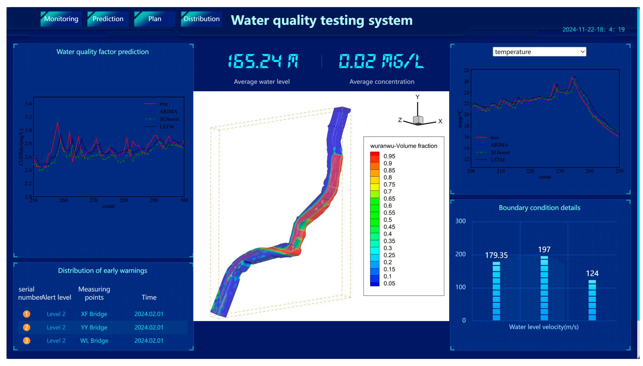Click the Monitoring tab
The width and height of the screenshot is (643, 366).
point(61,19)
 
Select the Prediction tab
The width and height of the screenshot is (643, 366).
point(108,19)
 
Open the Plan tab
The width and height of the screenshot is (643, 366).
point(154,19)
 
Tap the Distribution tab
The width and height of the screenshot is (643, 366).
point(201,19)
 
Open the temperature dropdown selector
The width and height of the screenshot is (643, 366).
point(539,52)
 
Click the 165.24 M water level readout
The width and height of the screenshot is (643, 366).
point(263,61)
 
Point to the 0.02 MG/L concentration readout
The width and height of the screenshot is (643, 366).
point(381,61)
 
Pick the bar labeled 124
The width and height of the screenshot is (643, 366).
point(592,300)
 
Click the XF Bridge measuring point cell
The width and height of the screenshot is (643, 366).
point(94,314)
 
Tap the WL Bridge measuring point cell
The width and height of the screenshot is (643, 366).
point(94,341)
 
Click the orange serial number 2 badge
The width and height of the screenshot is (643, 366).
point(27,327)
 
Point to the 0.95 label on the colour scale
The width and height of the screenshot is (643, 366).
point(389,156)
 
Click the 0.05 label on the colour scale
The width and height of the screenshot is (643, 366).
point(389,283)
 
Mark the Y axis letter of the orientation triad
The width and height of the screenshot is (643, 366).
point(417,97)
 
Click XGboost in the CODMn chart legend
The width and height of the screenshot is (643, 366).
point(169,119)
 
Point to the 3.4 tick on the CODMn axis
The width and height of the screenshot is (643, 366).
point(28,103)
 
